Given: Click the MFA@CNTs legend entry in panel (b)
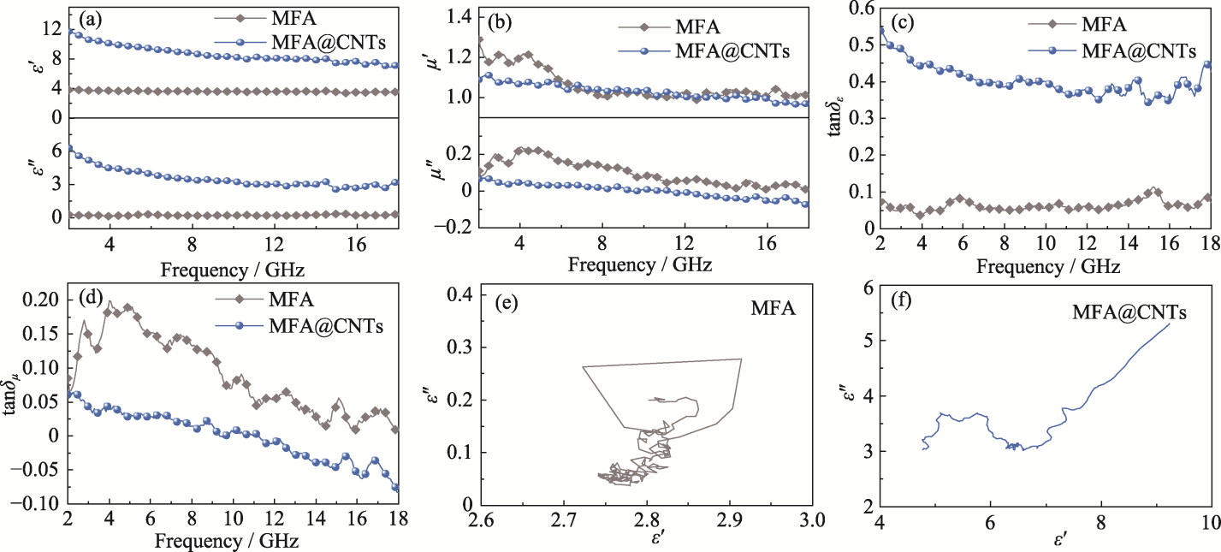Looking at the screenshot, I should point(731,52).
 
